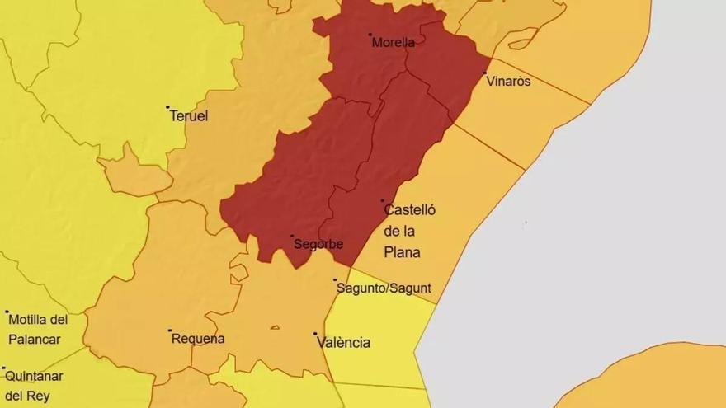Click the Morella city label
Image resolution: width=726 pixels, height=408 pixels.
coord(394,43)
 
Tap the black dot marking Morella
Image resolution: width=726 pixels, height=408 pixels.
coord(370,35)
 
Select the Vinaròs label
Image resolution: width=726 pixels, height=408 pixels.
coord(509,82)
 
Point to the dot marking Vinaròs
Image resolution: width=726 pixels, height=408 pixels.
coord(485,73)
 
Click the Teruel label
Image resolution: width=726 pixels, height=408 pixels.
coord(189,116)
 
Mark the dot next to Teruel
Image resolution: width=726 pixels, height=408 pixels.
coord(167,107)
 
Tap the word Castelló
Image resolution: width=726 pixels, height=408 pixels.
coord(410,210)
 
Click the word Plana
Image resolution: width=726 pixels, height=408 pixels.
coord(403,252)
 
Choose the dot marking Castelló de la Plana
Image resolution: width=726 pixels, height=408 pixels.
coord(382,200)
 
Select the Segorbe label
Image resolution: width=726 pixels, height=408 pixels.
coord(318,244)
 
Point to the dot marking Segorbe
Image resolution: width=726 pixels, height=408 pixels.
coord(292,236)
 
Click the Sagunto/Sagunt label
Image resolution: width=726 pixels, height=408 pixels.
coord(384,288)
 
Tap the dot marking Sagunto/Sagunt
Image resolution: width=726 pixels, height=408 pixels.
coord(335,280)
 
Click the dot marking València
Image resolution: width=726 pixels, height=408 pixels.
coord(316,334)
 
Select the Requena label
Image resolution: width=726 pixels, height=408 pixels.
coord(197,339)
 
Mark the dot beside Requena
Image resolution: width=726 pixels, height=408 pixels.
coord(169,331)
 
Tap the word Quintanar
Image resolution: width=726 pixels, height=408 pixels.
coord(35,376)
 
